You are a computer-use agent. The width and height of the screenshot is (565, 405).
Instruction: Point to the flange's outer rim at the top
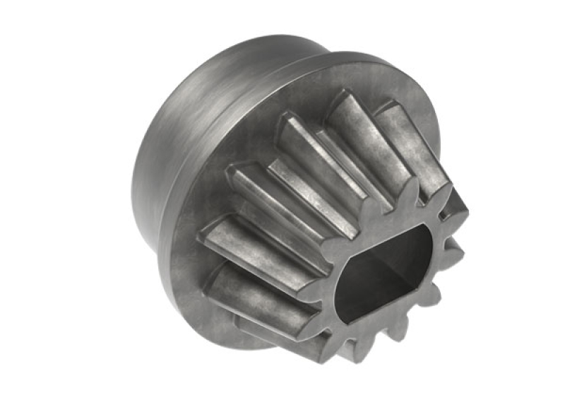coord(353,67)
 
